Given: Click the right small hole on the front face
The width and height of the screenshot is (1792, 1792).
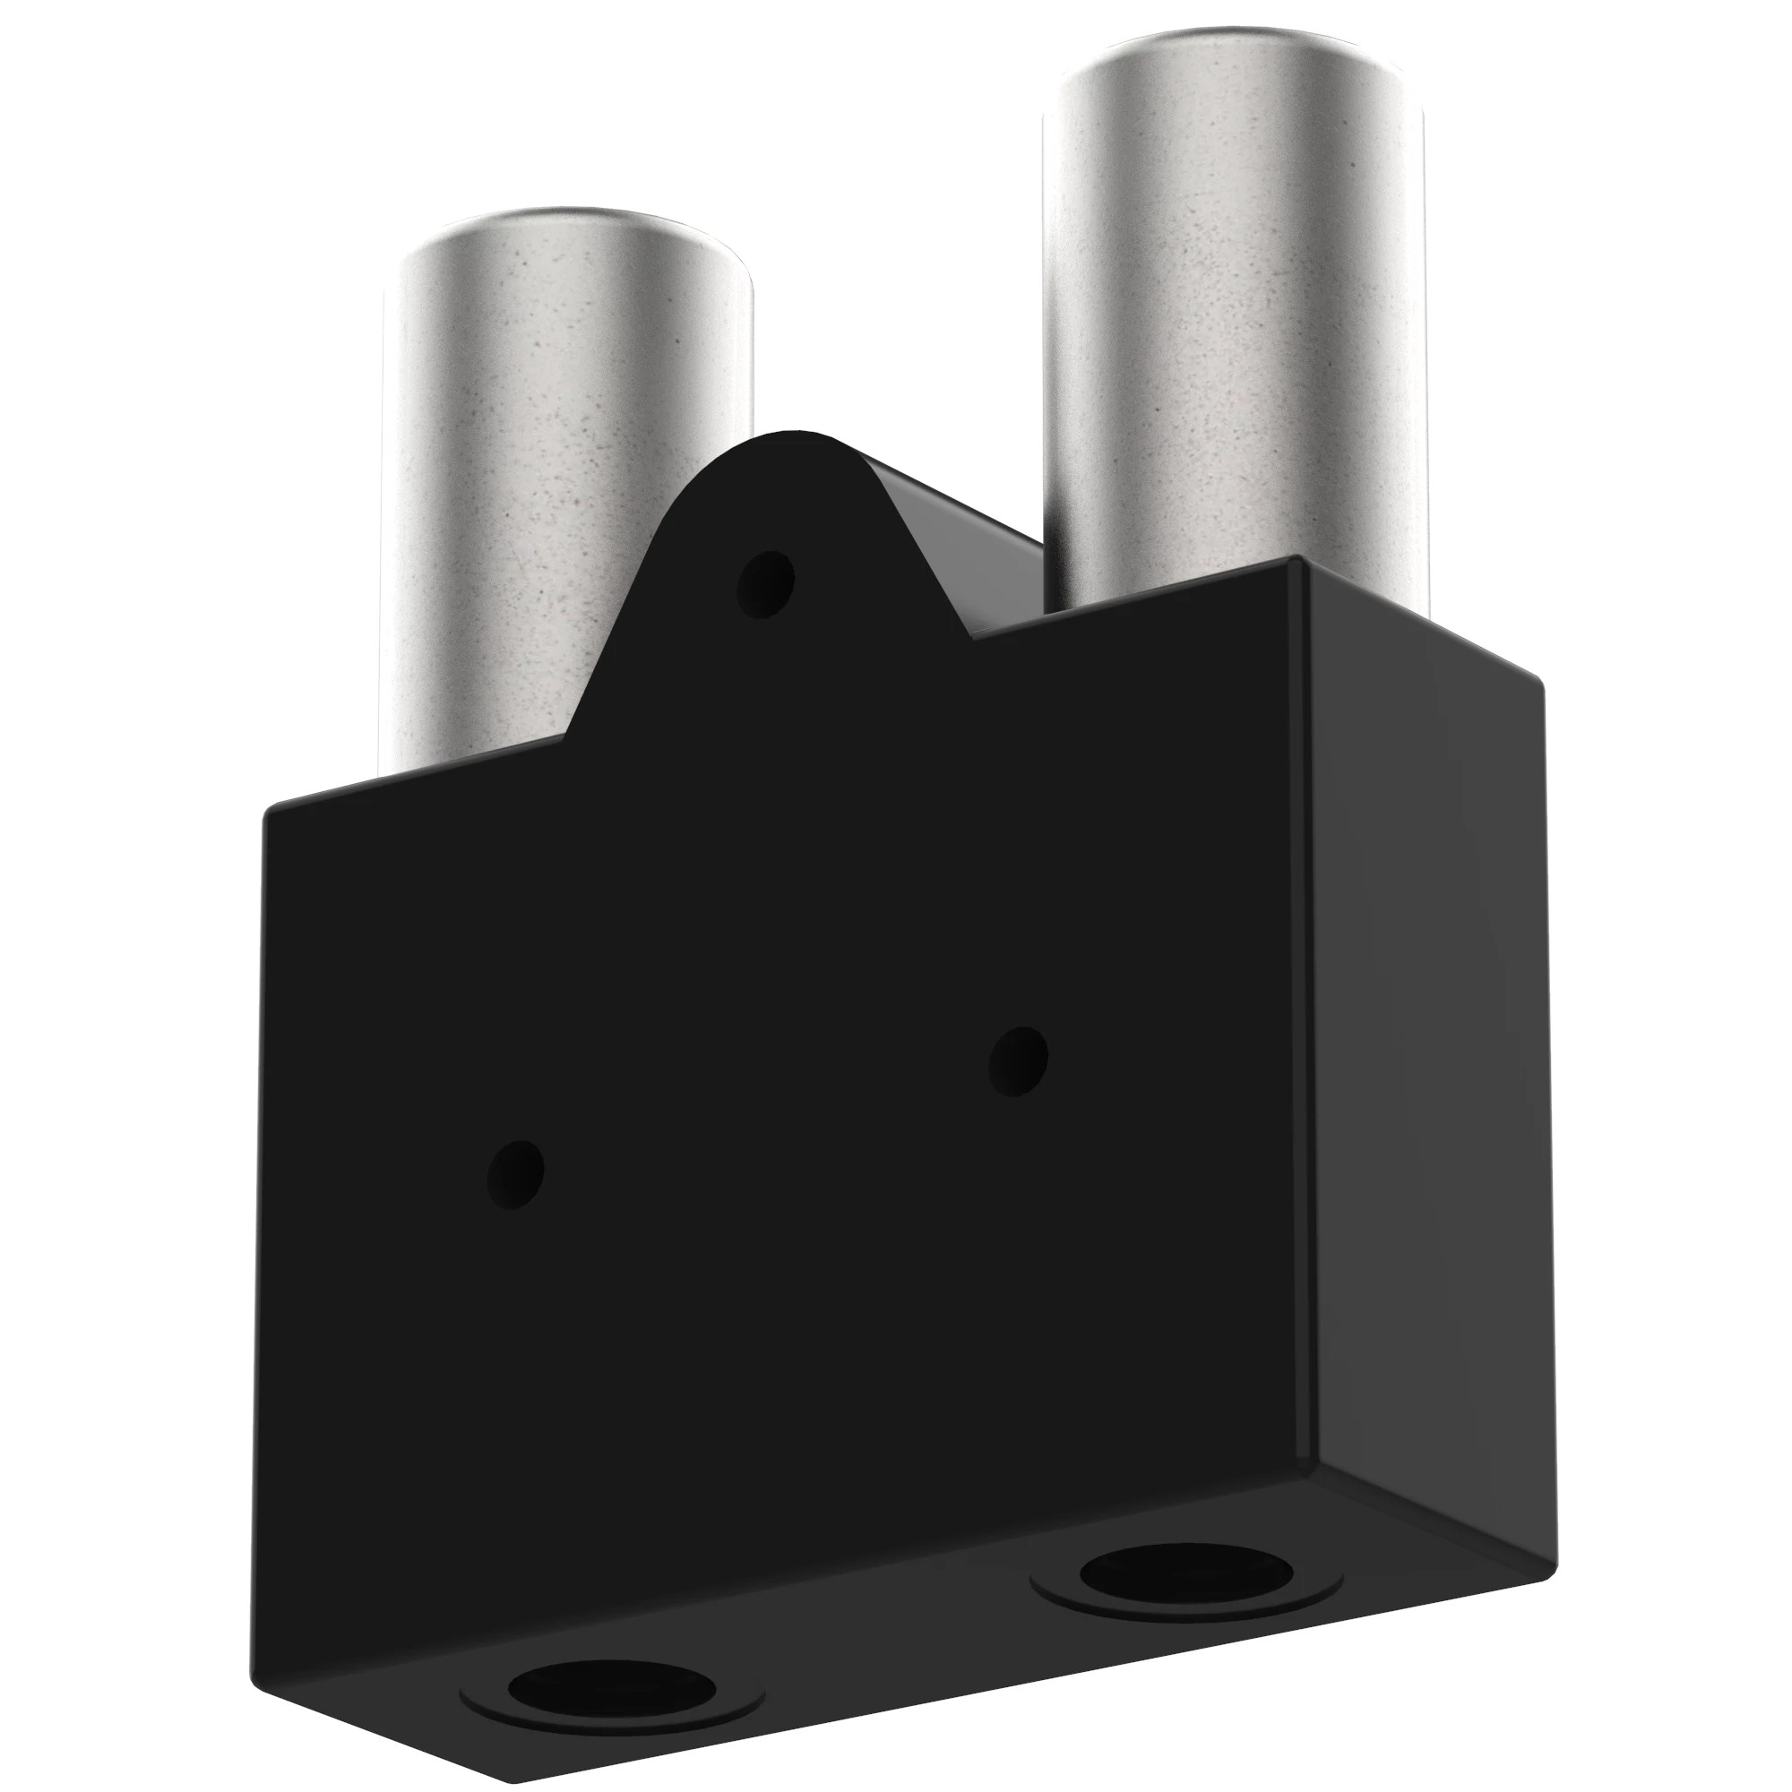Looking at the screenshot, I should coord(1018,1060).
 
